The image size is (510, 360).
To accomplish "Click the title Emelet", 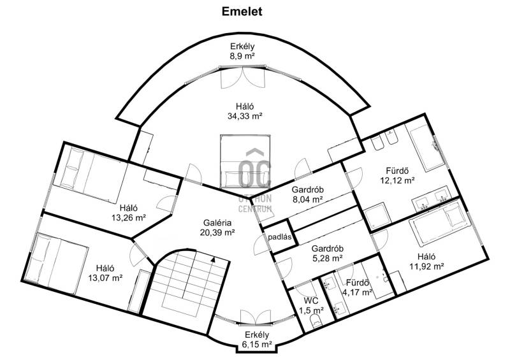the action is coord(242,11).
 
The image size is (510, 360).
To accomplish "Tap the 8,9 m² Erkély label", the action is coord(242,51).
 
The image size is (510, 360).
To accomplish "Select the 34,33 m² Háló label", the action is coord(245,112).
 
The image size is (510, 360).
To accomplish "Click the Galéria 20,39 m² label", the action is coord(217,227).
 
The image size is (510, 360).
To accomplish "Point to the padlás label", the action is coord(280,237).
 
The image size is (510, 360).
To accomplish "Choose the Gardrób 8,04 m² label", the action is coord(307,194).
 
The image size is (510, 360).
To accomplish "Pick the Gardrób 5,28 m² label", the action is coord(327,254).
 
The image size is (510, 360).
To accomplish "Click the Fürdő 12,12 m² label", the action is coord(397,175).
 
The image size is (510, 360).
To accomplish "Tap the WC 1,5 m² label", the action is coord(311,305).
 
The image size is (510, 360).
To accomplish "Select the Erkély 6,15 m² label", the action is coord(257,340).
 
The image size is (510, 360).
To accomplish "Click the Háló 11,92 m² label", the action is coord(426,262).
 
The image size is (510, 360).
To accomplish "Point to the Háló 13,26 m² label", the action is coord(129,213).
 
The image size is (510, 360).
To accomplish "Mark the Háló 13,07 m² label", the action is coord(105,273).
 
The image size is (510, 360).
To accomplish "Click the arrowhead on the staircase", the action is coord(213,259).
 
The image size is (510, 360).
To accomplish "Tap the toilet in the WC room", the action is coord(316,320).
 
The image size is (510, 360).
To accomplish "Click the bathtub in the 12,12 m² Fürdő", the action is coord(425,147).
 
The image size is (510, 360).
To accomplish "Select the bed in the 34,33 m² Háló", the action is coord(245,162).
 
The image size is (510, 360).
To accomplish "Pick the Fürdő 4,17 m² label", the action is coord(357,287).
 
